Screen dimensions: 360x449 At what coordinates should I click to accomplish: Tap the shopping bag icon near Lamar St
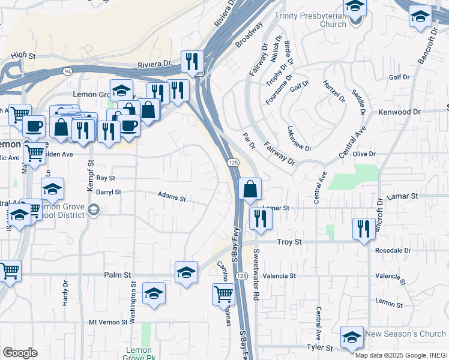click(250, 189)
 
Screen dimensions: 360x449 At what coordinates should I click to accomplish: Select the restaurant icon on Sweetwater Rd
click(260, 218)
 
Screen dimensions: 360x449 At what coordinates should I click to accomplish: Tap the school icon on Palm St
click(186, 272)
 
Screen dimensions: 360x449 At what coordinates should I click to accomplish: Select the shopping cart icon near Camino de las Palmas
click(223, 294)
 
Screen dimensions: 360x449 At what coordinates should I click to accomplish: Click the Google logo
click(20, 353)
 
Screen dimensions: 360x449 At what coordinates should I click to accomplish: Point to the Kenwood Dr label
click(399, 112)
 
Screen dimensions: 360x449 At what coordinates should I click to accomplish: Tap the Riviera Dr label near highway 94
click(154, 62)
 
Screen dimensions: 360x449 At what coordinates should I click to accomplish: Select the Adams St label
click(172, 196)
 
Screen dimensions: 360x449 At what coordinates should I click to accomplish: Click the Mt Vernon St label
click(110, 322)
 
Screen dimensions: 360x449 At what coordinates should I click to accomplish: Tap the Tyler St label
click(320, 348)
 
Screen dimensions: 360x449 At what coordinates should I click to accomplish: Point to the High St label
click(23, 55)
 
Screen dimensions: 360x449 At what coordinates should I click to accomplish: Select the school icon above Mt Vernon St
click(154, 293)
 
